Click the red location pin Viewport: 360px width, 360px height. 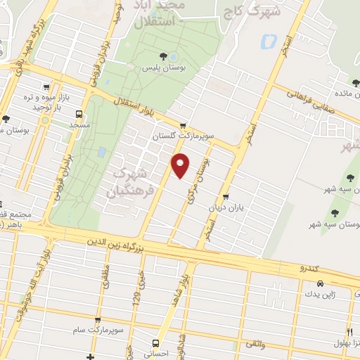pyautogui.click(x=181, y=165)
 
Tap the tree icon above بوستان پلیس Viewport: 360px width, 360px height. pyautogui.click(x=163, y=55)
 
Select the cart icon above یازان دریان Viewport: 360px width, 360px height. pyautogui.click(x=226, y=196)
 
